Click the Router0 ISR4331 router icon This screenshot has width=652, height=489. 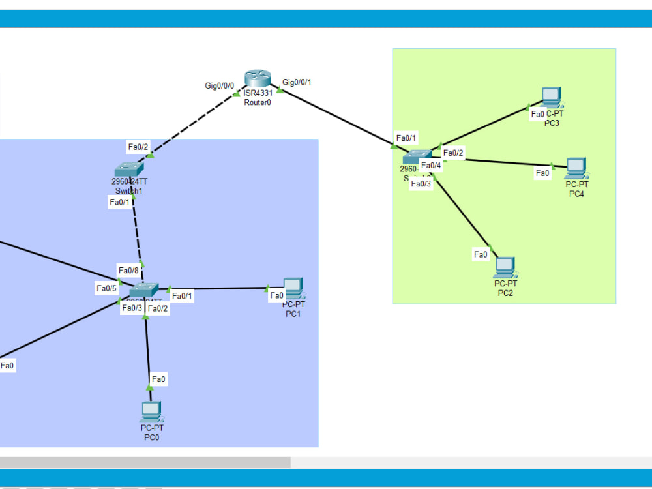pyautogui.click(x=258, y=79)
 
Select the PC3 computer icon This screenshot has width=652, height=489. pyautogui.click(x=552, y=97)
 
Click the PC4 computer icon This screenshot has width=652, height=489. pyautogui.click(x=576, y=168)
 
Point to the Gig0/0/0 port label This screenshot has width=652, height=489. pyautogui.click(x=219, y=85)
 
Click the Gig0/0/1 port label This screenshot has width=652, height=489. pyautogui.click(x=297, y=82)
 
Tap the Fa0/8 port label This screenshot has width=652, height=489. pyautogui.click(x=128, y=270)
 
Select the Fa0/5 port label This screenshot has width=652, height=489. pyautogui.click(x=106, y=288)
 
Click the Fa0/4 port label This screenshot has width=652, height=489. pyautogui.click(x=431, y=166)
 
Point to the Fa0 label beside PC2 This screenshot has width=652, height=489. pyautogui.click(x=481, y=255)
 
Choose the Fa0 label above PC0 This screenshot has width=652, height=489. pyautogui.click(x=158, y=379)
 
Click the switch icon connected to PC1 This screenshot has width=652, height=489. pyautogui.click(x=143, y=290)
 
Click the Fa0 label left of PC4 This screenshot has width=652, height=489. pyautogui.click(x=542, y=173)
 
